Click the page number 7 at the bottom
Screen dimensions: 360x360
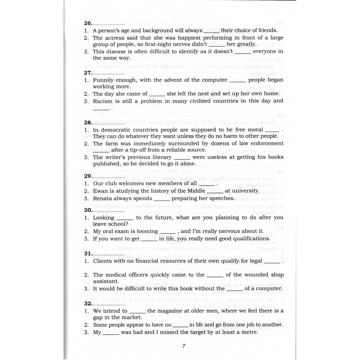point(184,346)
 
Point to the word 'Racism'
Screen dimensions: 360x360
point(102,101)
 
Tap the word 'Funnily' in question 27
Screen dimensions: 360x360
point(104,80)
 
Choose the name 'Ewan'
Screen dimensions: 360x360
point(100,191)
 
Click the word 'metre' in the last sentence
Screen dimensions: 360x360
point(249,332)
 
